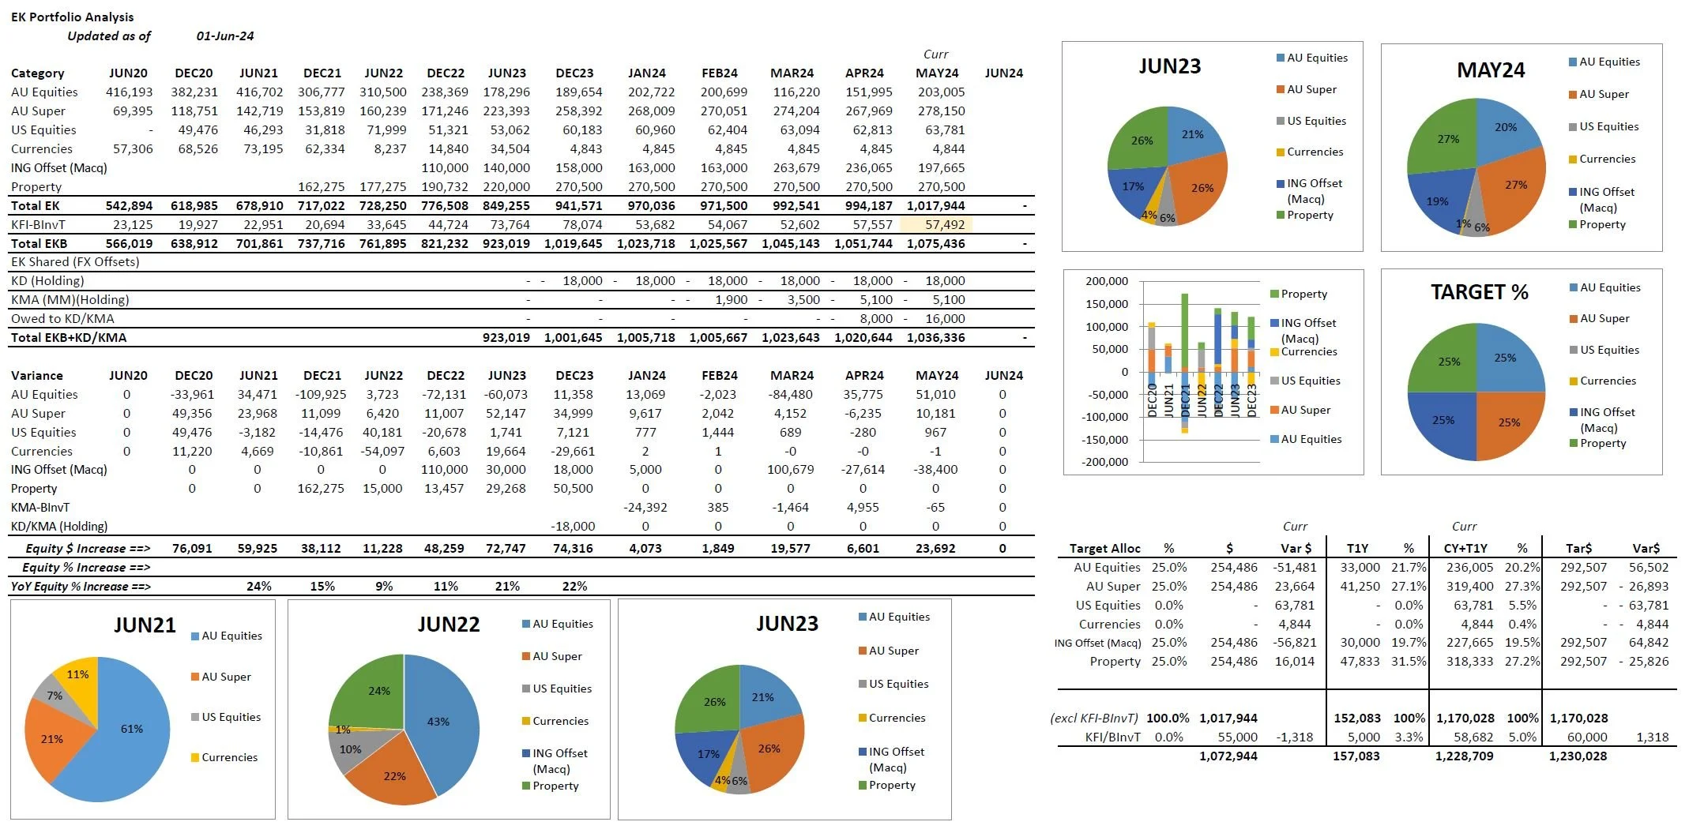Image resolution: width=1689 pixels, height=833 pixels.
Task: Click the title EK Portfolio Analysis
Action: click(72, 17)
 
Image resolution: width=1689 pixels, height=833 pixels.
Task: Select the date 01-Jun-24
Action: click(225, 36)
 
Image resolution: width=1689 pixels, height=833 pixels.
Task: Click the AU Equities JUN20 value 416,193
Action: click(129, 92)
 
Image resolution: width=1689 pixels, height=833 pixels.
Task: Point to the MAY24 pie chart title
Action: click(1490, 70)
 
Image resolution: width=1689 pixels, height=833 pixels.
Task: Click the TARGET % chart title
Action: click(1479, 292)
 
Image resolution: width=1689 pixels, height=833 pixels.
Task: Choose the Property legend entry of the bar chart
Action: click(1303, 294)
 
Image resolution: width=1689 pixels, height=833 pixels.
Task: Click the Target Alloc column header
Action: click(1104, 548)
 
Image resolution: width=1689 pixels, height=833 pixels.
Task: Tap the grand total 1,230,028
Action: click(1578, 756)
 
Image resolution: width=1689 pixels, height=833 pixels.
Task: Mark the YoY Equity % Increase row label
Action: click(81, 587)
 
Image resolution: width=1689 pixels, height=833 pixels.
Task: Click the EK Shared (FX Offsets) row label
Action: click(75, 261)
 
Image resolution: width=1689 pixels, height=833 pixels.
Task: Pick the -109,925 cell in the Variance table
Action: click(321, 394)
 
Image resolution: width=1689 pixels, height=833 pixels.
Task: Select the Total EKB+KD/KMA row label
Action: click(69, 337)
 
